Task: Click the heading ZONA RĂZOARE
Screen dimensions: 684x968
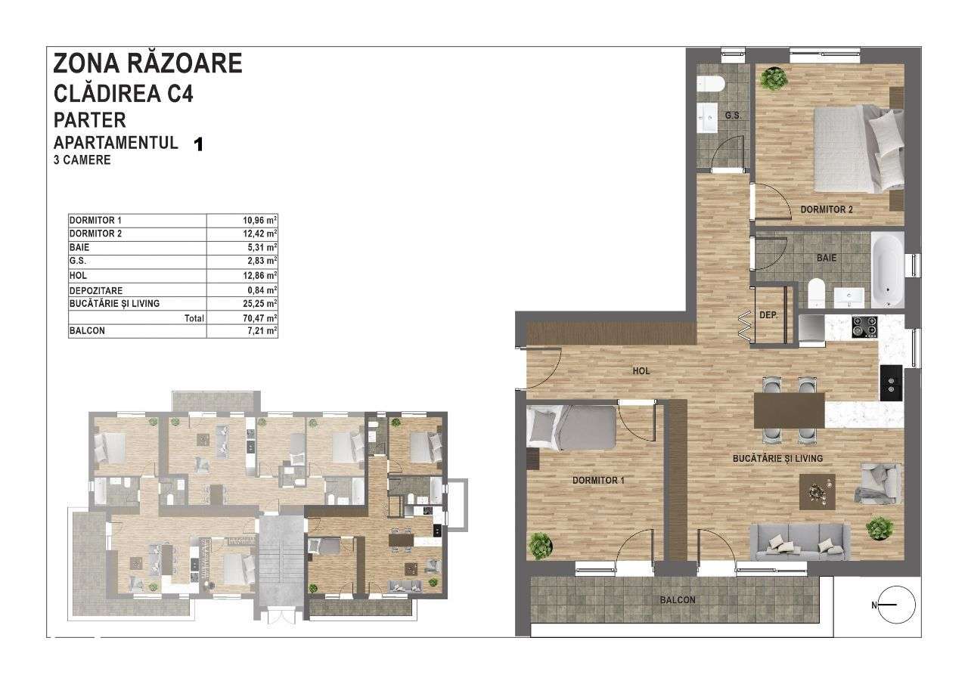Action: point(148,63)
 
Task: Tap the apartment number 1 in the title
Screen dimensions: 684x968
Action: point(199,144)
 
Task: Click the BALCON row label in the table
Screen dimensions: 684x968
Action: point(88,331)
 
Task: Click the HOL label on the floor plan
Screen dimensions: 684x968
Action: point(641,371)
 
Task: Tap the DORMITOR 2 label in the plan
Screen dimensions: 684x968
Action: point(827,209)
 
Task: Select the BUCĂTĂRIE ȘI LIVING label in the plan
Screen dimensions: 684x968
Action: point(777,458)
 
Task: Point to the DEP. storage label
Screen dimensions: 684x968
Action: point(768,314)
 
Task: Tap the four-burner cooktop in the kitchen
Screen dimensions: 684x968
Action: point(865,327)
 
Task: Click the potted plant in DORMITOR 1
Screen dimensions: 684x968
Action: point(540,543)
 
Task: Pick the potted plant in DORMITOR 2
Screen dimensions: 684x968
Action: point(773,77)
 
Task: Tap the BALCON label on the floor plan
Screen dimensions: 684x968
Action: point(677,600)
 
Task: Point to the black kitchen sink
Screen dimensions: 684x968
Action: point(889,382)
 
